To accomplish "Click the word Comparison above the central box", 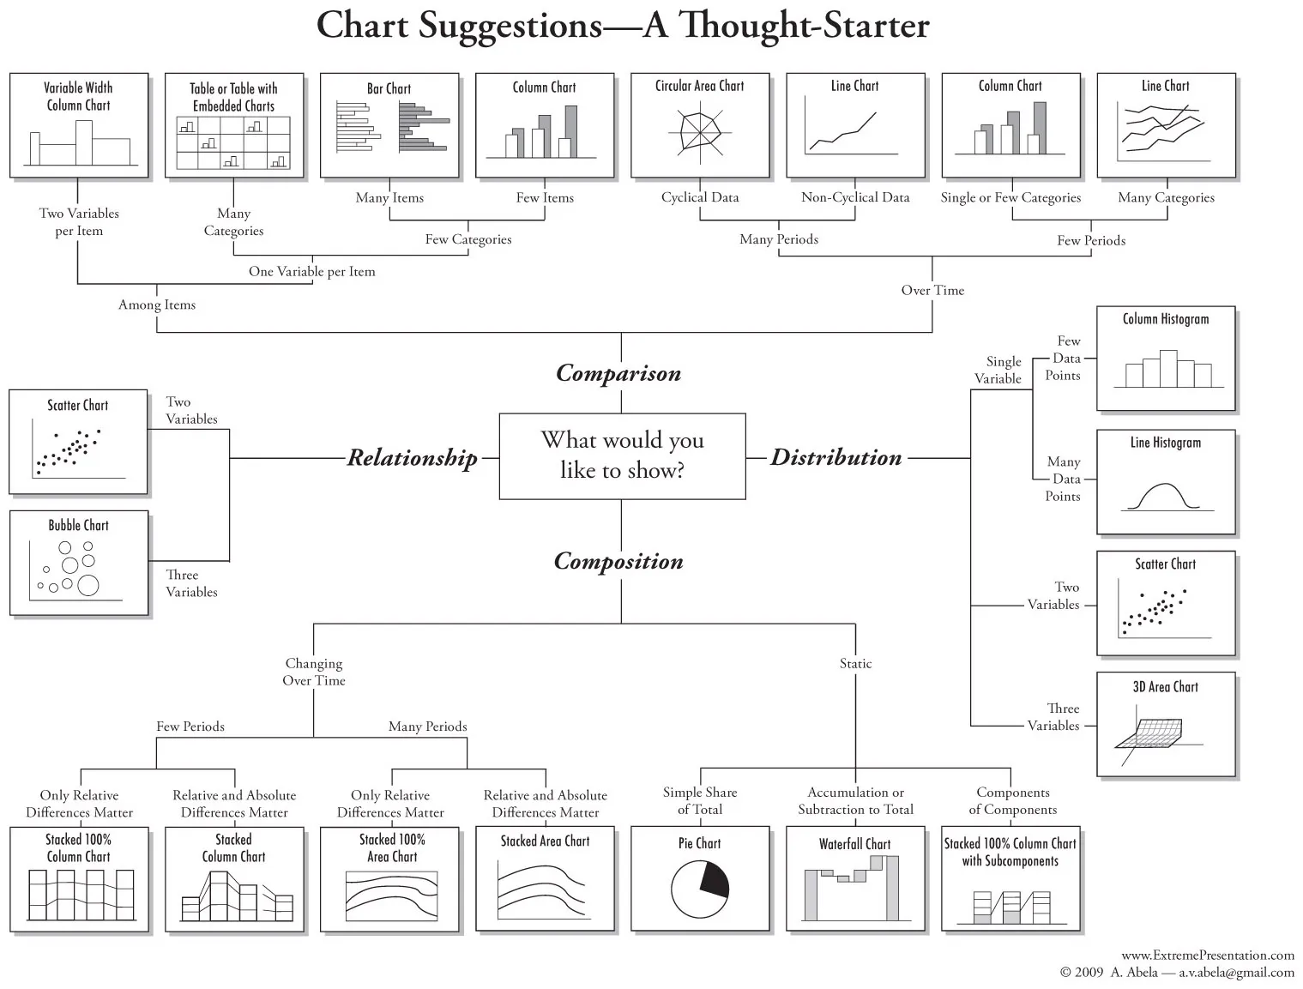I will click(x=618, y=373).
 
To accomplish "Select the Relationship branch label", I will click(x=412, y=458).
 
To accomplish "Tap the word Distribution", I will click(x=836, y=457).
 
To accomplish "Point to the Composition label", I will click(x=618, y=561).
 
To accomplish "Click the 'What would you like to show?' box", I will click(x=622, y=455).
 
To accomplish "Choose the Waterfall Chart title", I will click(x=854, y=844).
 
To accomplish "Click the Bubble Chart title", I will click(x=78, y=525).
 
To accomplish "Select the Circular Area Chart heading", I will click(x=699, y=86).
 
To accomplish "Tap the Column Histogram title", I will click(x=1166, y=319).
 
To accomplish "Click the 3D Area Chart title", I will click(x=1166, y=687).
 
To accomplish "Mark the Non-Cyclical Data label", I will click(x=855, y=197).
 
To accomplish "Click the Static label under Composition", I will click(x=855, y=663).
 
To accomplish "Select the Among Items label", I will click(x=157, y=305).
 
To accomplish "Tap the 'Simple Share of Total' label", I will click(x=700, y=801).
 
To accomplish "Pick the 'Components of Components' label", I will click(x=1012, y=801).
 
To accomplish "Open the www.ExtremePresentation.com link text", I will click(x=1208, y=955).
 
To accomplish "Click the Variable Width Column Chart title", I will click(x=78, y=96).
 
